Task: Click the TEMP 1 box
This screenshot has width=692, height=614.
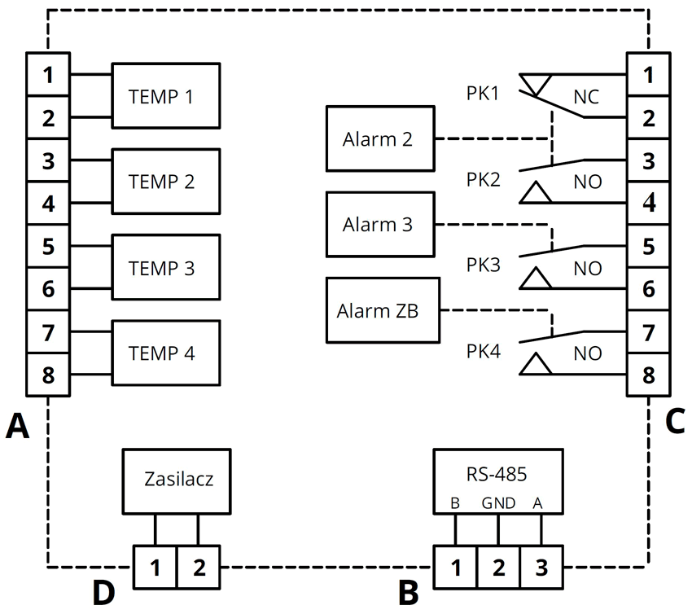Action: (x=166, y=95)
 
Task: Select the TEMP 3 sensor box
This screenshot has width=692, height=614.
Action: (x=166, y=267)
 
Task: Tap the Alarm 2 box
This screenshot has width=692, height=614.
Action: (x=379, y=138)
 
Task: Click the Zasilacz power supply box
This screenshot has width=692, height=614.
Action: (x=177, y=479)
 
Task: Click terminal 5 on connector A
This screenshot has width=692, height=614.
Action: (x=49, y=246)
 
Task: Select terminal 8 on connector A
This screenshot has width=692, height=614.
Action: (x=49, y=375)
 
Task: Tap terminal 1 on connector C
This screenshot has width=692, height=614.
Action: (x=648, y=74)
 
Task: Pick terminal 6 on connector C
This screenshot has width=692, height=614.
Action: (x=648, y=289)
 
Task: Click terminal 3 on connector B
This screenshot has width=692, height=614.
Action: (x=541, y=568)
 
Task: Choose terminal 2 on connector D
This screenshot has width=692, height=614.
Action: (x=199, y=567)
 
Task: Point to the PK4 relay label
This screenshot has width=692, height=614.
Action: (x=483, y=353)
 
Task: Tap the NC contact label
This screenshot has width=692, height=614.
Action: (x=586, y=97)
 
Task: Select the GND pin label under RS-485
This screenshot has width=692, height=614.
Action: (x=498, y=503)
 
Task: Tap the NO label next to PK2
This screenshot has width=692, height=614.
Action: (x=588, y=182)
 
